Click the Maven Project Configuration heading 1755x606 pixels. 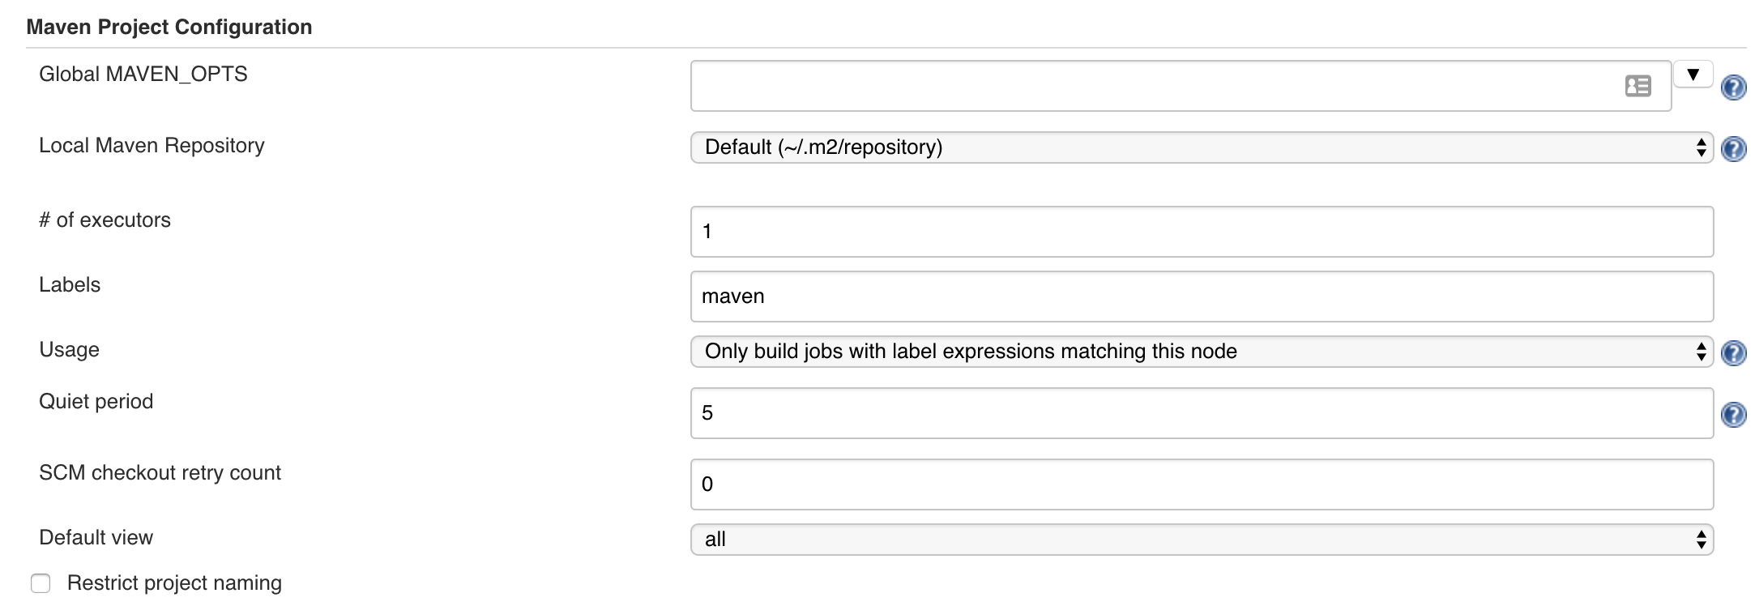[169, 27]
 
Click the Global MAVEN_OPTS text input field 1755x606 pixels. [1151, 86]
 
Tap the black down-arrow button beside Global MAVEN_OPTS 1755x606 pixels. [1693, 75]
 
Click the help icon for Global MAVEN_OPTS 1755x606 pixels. [1733, 87]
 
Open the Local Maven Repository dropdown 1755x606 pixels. [1202, 147]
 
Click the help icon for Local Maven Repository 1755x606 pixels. [1733, 149]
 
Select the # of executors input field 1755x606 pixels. [1202, 232]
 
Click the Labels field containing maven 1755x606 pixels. [1202, 297]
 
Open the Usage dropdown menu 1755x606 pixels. [1202, 352]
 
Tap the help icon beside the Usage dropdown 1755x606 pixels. [1733, 353]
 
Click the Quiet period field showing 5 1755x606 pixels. [1202, 413]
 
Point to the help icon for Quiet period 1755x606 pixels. [1733, 415]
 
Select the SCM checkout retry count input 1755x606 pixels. [1202, 484]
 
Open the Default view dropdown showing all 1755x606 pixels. [1202, 540]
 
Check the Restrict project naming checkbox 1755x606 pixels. [41, 583]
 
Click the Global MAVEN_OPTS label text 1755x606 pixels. [143, 75]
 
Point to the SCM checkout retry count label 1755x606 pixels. [160, 473]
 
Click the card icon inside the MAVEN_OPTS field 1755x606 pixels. [1638, 86]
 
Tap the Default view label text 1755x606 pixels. [96, 538]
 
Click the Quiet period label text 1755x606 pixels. [96, 402]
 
